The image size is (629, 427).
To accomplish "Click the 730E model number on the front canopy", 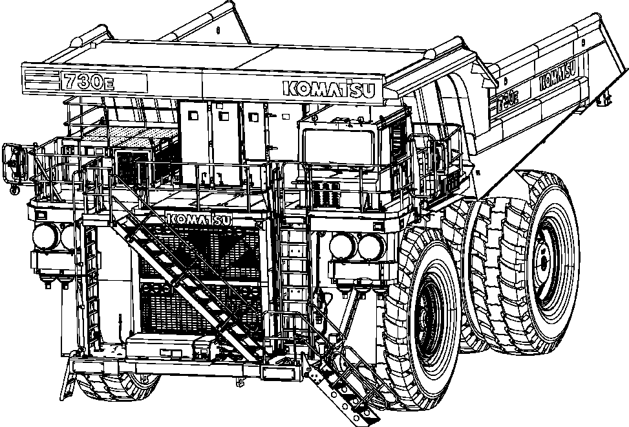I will [x=88, y=82].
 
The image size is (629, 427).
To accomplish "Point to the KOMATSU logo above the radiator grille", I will [x=200, y=219].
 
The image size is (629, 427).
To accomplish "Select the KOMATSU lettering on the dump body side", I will [x=557, y=77].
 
